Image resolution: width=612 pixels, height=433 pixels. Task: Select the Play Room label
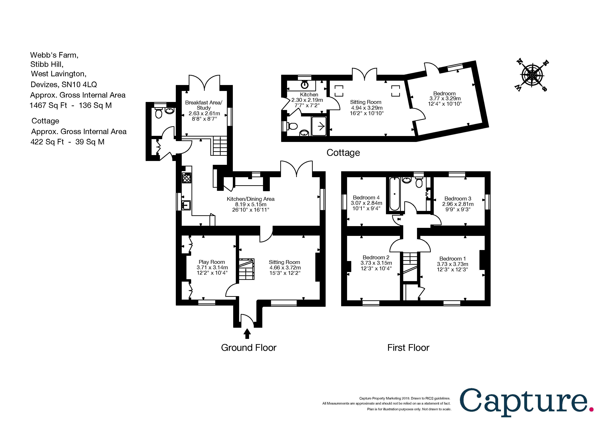coord(212,262)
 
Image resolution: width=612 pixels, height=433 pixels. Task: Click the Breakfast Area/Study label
coord(204,105)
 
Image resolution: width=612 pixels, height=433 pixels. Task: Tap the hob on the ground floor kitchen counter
coord(187,178)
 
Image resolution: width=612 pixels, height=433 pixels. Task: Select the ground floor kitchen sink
coord(186,205)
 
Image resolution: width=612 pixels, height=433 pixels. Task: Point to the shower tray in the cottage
coord(319,126)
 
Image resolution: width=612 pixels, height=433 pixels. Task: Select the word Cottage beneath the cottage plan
coord(343,153)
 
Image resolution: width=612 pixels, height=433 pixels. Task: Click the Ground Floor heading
coord(249,348)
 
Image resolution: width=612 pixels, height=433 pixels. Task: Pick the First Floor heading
coord(408,348)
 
